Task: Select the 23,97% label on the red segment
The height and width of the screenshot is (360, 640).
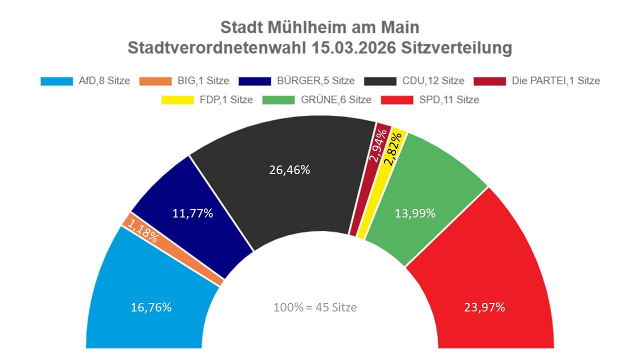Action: point(482,307)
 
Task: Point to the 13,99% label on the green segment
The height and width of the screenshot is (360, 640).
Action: point(414,213)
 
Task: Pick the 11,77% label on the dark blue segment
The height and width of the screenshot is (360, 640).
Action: point(192,213)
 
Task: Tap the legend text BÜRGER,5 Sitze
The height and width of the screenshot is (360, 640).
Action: point(315,80)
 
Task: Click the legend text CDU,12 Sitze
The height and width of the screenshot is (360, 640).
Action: point(433,80)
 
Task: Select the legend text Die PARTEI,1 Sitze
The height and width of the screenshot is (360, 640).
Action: point(556,80)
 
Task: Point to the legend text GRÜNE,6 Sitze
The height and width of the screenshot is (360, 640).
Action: point(336,100)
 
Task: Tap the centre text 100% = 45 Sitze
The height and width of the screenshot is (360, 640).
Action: point(315,307)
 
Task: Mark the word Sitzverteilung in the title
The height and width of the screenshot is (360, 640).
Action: point(456,48)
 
